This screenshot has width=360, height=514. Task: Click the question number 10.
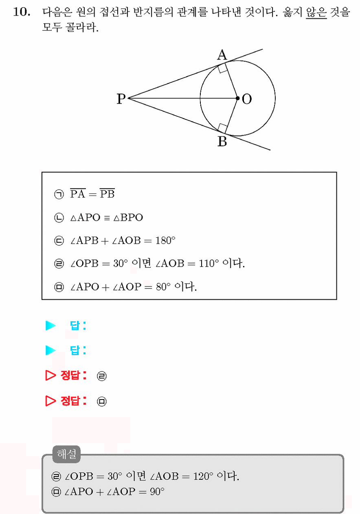pyautogui.click(x=22, y=12)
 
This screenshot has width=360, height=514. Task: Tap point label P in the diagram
pyautogui.click(x=121, y=99)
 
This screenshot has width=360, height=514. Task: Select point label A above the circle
pyautogui.click(x=222, y=55)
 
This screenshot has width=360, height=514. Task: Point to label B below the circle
pyautogui.click(x=222, y=141)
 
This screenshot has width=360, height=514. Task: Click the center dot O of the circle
pyautogui.click(x=237, y=98)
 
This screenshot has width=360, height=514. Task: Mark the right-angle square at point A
pyautogui.click(x=223, y=68)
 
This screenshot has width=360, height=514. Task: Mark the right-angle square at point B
pyautogui.click(x=223, y=128)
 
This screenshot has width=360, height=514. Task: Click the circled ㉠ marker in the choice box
pyautogui.click(x=59, y=194)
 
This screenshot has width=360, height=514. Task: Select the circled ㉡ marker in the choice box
pyautogui.click(x=59, y=217)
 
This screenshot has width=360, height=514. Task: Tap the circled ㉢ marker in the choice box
pyautogui.click(x=59, y=241)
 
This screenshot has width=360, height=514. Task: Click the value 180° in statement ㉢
pyautogui.click(x=165, y=240)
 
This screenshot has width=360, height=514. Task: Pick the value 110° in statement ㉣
pyautogui.click(x=209, y=264)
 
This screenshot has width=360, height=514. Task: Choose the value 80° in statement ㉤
pyautogui.click(x=163, y=287)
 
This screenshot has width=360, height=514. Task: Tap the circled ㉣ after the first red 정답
pyautogui.click(x=102, y=376)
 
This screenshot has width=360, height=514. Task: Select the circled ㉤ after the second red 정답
pyautogui.click(x=102, y=402)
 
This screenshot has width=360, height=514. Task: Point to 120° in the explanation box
pyautogui.click(x=203, y=477)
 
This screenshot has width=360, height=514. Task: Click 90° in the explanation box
pyautogui.click(x=157, y=492)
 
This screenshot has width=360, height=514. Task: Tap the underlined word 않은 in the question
pyautogui.click(x=316, y=12)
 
